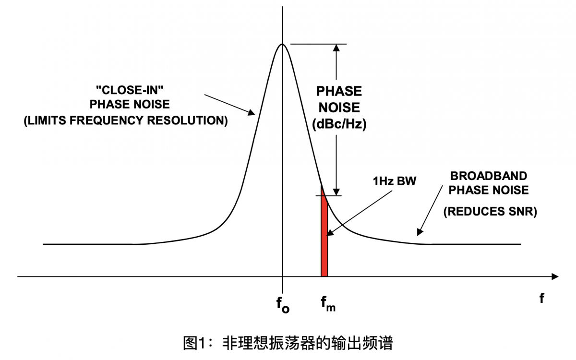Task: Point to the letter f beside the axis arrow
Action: click(x=541, y=298)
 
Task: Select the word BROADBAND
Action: click(x=488, y=176)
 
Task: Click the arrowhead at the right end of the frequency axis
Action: click(x=555, y=276)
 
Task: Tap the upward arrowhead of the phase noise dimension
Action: click(x=336, y=48)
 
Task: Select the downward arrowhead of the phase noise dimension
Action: click(x=336, y=192)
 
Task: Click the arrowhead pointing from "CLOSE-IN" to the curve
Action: click(x=251, y=113)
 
